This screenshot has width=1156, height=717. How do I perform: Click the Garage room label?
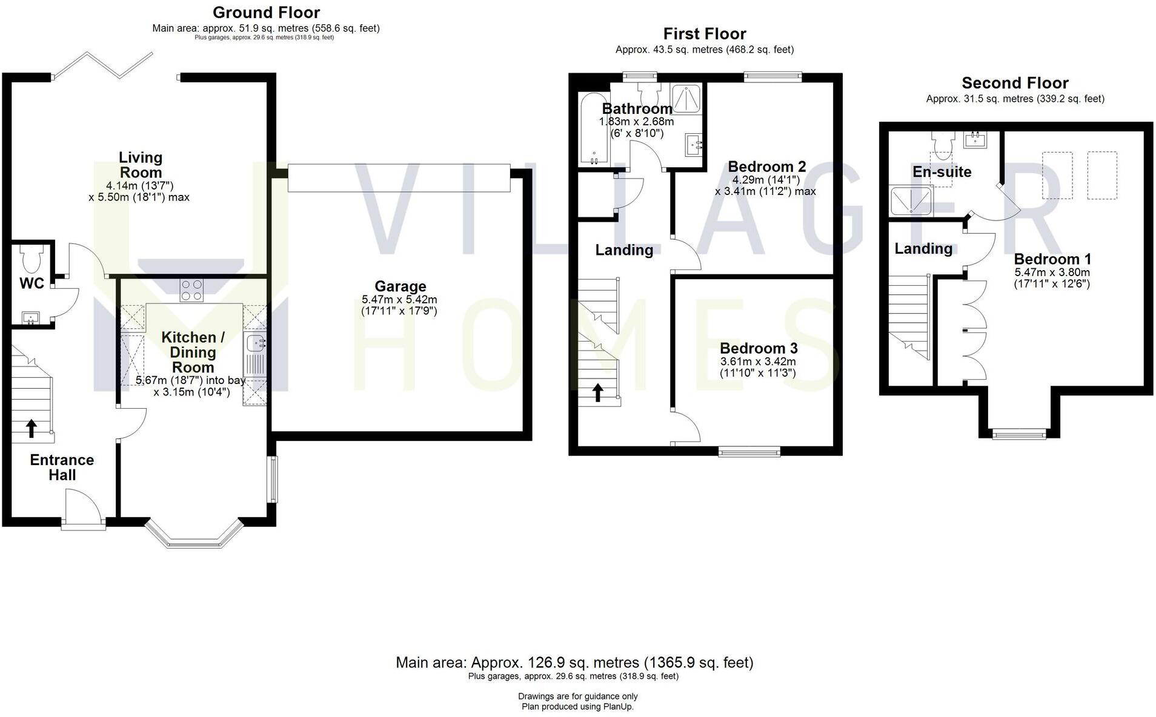[400, 286]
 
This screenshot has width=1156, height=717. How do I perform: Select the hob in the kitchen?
[192, 290]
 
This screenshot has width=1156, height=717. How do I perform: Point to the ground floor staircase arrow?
[31, 428]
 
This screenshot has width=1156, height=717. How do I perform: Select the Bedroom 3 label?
[758, 348]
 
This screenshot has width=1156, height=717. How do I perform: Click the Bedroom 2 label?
[766, 167]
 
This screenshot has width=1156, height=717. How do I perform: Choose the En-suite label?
[942, 172]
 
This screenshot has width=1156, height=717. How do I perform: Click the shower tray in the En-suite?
[911, 201]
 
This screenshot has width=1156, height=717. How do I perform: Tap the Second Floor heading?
[1015, 83]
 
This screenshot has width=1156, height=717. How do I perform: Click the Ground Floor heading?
[266, 12]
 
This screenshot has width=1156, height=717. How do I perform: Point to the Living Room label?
[140, 165]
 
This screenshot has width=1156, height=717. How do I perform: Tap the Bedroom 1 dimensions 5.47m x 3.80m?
[1052, 273]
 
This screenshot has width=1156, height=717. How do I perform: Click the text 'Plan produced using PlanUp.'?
[577, 707]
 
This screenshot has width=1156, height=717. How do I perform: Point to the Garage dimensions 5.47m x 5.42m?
[399, 300]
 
